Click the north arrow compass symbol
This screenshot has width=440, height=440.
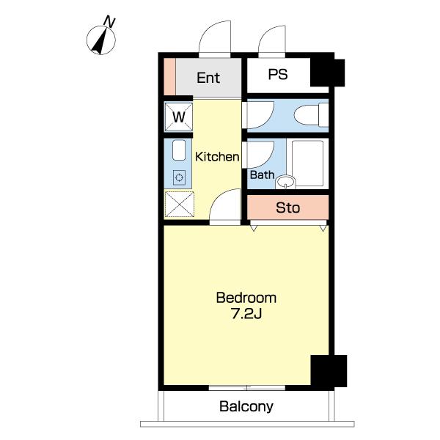pos(100,40)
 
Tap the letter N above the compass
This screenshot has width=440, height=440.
pos(109,21)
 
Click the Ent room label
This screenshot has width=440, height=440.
pos(208,78)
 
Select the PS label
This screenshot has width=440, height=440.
pos(278,74)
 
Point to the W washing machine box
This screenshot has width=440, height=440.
pos(179,117)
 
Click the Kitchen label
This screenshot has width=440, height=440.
pos(217,157)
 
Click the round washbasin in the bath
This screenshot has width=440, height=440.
pos(285,182)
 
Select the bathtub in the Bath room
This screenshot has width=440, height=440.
pos(307,163)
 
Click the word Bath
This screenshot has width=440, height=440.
pos(262,175)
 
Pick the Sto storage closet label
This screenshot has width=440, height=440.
pos(288,208)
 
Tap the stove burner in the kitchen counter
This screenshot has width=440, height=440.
pos(179,177)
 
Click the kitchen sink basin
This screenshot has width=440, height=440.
pos(179,150)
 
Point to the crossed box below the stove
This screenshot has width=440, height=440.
pos(180,204)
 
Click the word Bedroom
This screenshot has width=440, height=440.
pos(246,298)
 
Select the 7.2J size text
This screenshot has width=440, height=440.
pos(246,313)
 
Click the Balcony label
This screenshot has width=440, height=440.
pos(246,406)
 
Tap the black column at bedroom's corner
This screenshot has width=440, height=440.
pos(329,371)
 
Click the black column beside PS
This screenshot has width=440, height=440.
pos(327,72)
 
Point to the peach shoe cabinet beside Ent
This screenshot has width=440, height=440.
pos(169,76)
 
